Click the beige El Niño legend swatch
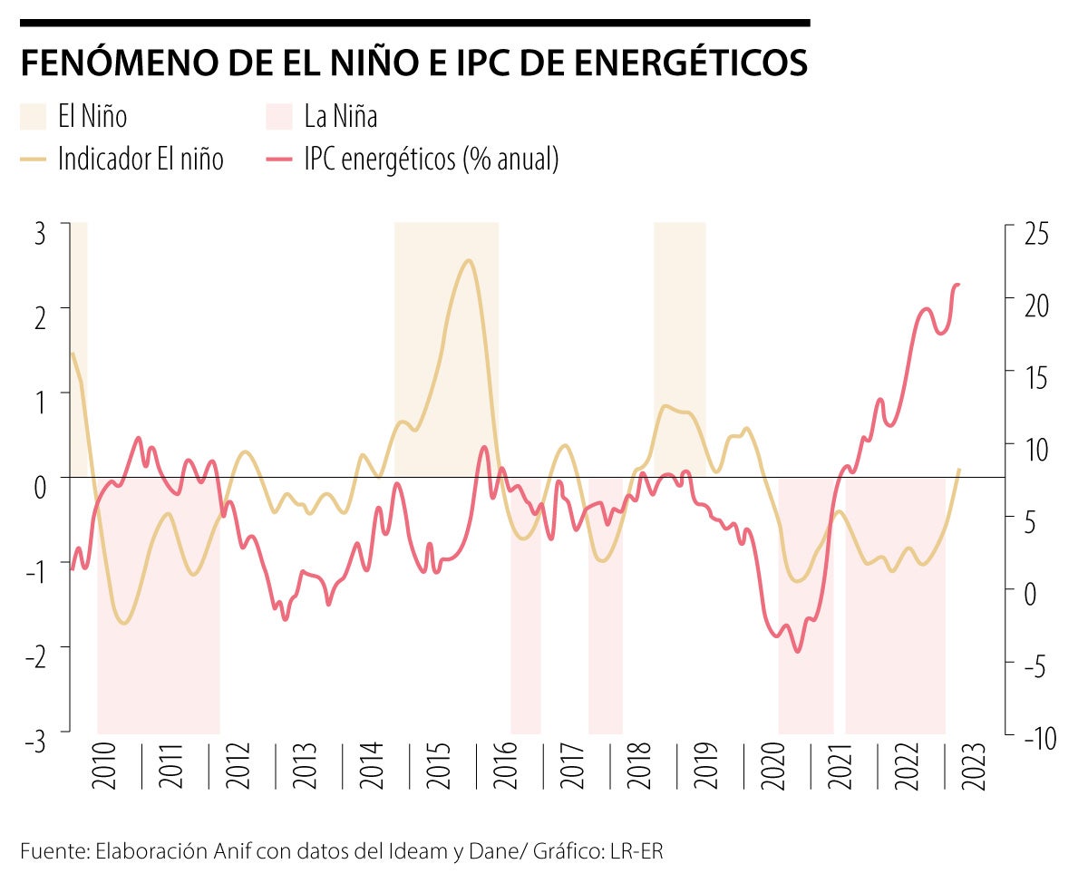[x=33, y=117]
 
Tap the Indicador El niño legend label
[x=141, y=160]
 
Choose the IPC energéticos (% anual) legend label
[x=432, y=160]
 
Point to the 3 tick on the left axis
[x=40, y=233]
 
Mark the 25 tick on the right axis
[x=1035, y=233]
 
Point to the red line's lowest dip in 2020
[x=798, y=651]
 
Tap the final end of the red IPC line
[x=958, y=285]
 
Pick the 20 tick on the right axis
[x=1035, y=306]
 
